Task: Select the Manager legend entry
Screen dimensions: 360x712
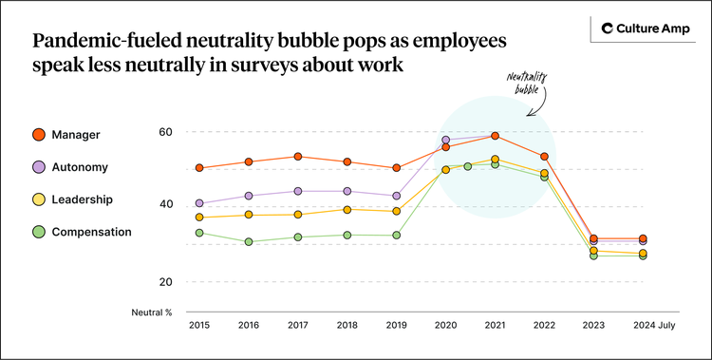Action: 76,135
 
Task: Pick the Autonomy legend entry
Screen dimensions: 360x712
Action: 79,167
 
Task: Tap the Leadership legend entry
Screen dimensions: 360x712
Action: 82,199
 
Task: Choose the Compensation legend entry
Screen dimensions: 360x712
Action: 90,232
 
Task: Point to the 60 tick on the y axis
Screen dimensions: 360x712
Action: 165,132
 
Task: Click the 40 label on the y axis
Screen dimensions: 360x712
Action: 165,205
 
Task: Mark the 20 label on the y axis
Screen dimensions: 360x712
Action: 165,282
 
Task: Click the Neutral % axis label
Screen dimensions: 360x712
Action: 152,312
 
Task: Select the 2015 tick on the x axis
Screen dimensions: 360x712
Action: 198,325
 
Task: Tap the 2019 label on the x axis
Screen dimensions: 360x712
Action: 396,325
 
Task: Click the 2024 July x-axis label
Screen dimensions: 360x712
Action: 652,325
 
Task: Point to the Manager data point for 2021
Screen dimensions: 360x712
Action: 495,136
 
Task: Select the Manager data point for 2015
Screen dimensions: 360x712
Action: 199,168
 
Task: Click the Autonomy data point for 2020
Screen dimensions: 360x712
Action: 445,140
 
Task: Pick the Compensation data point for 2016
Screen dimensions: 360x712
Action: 249,242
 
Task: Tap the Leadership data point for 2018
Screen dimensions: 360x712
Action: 347,210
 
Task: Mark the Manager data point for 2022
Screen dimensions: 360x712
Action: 544,157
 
